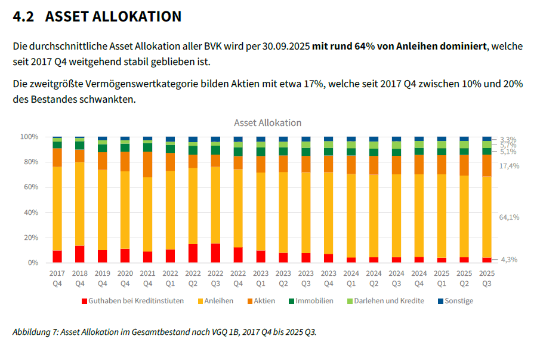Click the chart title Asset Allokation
(267, 123)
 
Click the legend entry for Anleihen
(217, 301)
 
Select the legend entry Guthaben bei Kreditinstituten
(132, 301)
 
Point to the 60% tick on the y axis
(30, 187)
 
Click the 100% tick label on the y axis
(29, 137)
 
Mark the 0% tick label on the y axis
(32, 263)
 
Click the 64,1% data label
(509, 217)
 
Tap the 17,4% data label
(509, 166)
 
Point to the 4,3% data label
(509, 260)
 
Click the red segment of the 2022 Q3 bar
(215, 253)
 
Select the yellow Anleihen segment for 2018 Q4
(79, 203)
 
